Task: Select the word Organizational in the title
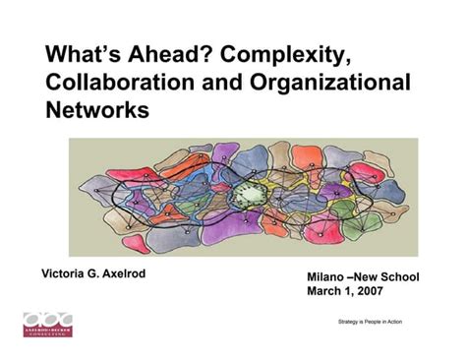(326, 81)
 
